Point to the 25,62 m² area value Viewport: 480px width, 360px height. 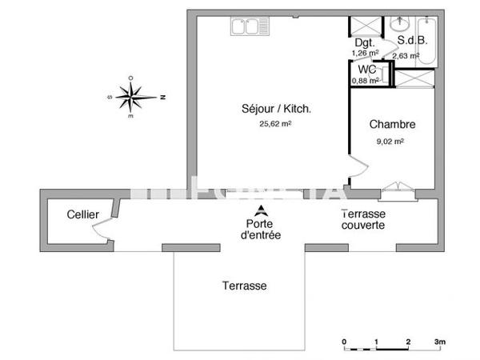(x=274, y=124)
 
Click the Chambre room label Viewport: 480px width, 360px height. (x=391, y=125)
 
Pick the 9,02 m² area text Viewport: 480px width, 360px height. (x=390, y=141)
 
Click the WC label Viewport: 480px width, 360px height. (x=367, y=69)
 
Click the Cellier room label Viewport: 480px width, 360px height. (x=83, y=215)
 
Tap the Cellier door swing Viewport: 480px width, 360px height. (x=102, y=232)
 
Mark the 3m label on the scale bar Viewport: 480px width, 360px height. (x=439, y=342)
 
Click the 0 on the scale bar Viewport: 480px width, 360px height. (x=344, y=342)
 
